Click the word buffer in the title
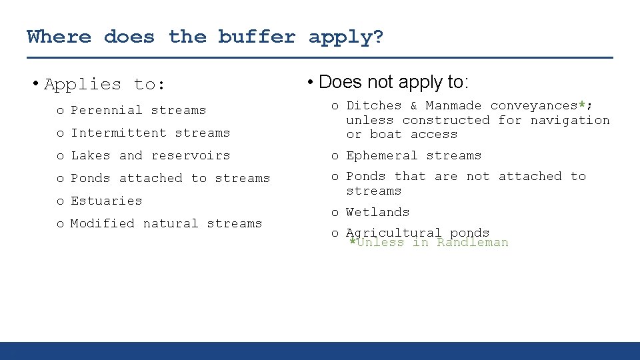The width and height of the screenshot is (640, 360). [x=257, y=36]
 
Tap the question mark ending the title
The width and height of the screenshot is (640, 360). [x=378, y=36]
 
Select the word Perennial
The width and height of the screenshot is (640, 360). [x=107, y=110]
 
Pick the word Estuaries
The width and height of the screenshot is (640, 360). [x=107, y=201]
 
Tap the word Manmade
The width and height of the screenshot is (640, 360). [x=453, y=105]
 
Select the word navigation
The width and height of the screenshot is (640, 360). [x=570, y=120]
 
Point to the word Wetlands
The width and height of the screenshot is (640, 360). [x=378, y=212]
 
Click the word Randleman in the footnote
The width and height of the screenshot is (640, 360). [x=473, y=243]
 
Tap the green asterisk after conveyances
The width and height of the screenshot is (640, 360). [x=581, y=105]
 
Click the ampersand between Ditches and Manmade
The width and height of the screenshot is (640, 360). [x=413, y=105]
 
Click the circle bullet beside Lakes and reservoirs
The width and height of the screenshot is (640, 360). [x=60, y=156]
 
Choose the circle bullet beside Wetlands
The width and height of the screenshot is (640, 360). [x=335, y=213]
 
